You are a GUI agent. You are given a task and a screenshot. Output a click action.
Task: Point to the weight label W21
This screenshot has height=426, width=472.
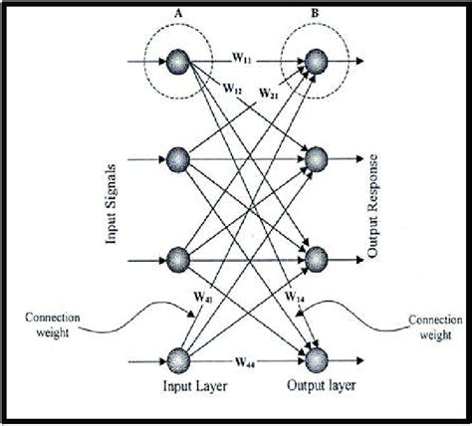pyautogui.click(x=269, y=94)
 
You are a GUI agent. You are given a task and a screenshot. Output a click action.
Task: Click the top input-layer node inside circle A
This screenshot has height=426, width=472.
pyautogui.click(x=178, y=62)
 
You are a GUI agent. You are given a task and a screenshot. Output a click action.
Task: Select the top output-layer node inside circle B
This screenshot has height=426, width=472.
pyautogui.click(x=317, y=62)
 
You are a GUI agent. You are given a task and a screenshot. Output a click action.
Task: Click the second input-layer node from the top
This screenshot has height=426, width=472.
pyautogui.click(x=178, y=158)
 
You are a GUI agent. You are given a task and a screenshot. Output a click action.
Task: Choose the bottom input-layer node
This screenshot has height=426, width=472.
pyautogui.click(x=178, y=359)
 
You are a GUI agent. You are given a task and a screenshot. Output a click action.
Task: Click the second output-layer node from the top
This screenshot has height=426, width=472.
pyautogui.click(x=317, y=158)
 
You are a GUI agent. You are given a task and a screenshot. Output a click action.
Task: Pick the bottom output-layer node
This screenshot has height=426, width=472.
pyautogui.click(x=317, y=359)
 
